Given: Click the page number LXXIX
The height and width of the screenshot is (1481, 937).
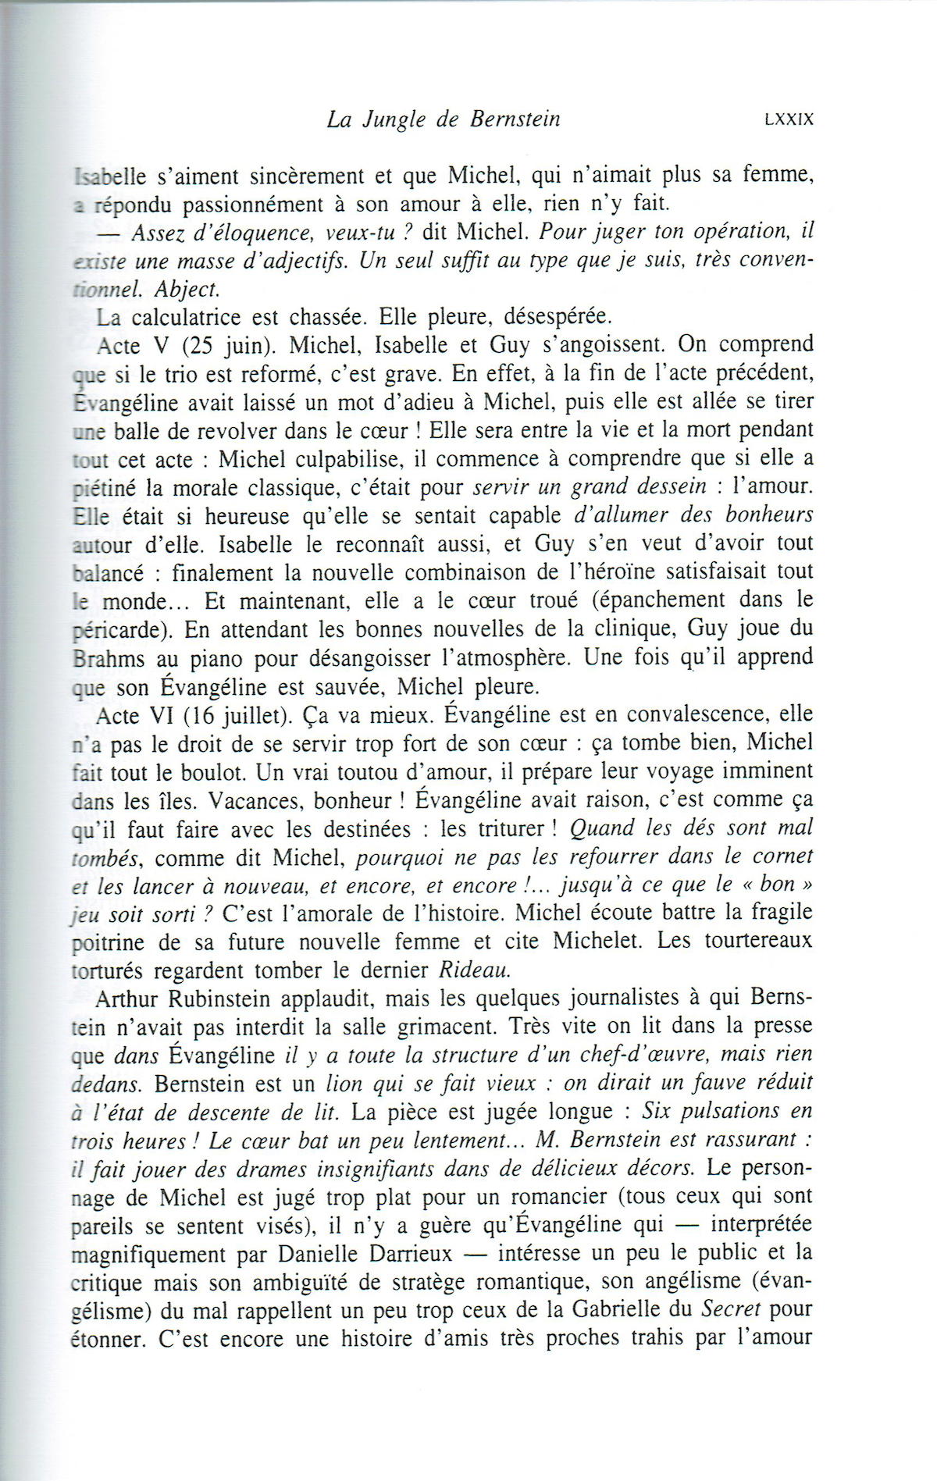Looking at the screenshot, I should (789, 119).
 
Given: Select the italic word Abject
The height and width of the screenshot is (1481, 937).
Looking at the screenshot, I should (187, 289).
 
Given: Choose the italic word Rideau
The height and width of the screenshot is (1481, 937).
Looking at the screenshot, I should (475, 970).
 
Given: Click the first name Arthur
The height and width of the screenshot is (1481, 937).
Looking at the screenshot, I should (130, 999).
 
